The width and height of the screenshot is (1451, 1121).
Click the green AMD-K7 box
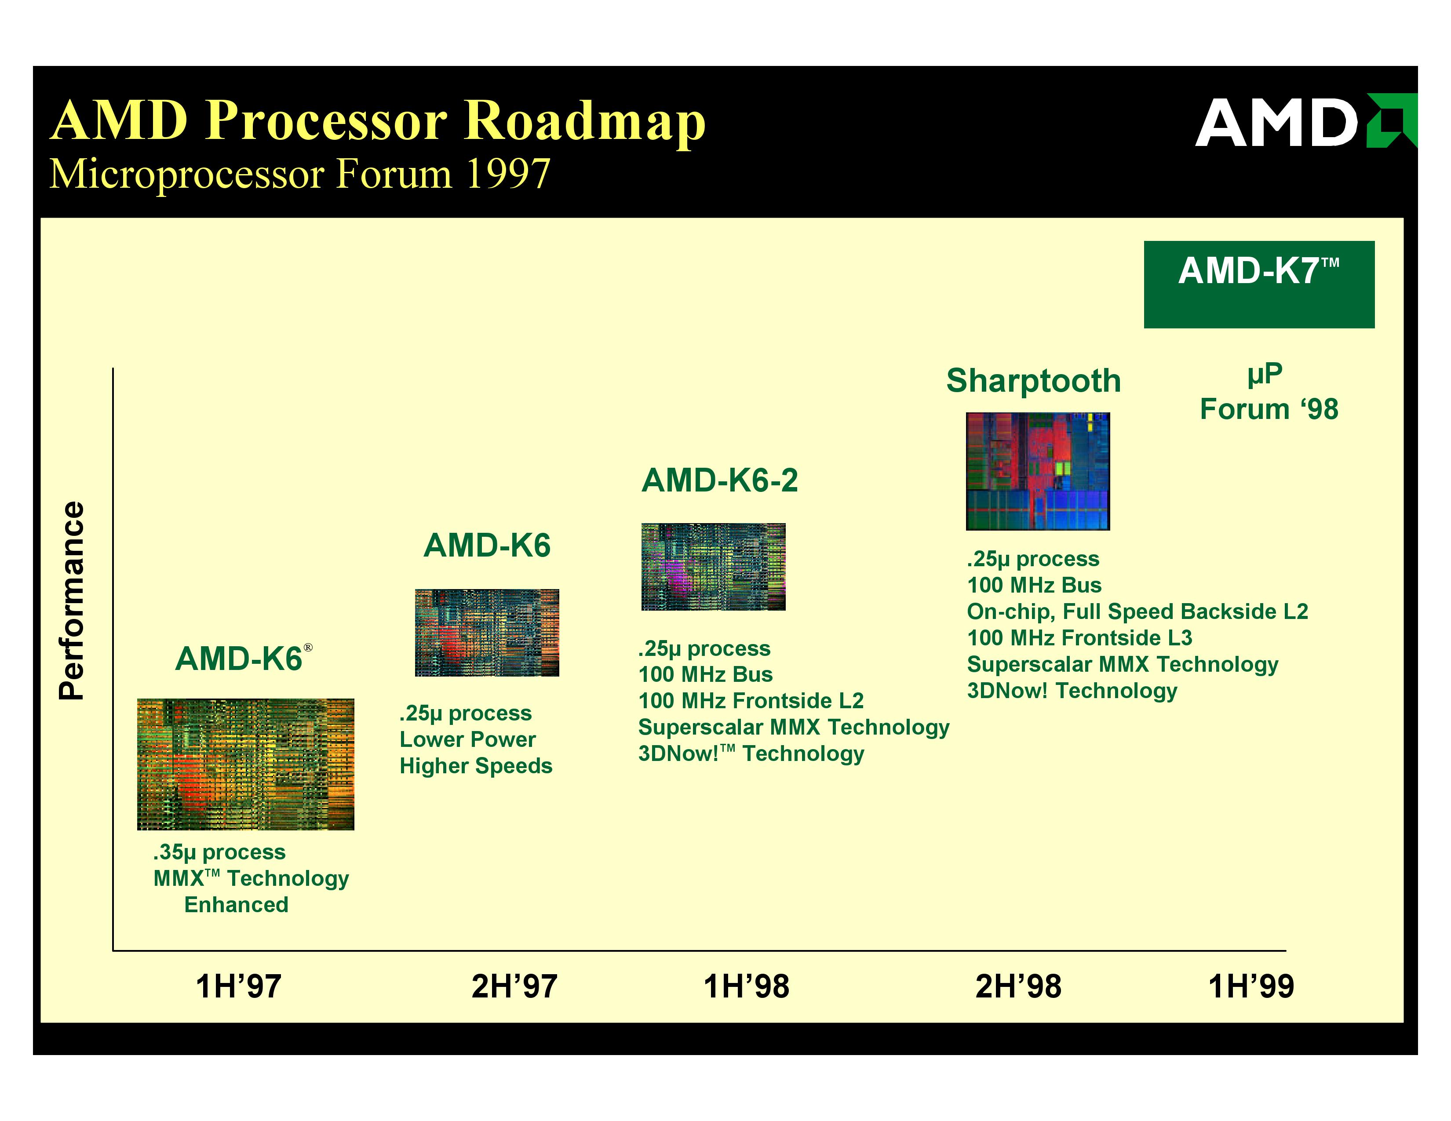tap(1259, 284)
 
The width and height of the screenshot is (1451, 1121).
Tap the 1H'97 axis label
tap(238, 986)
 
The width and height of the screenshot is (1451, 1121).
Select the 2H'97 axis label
tap(514, 986)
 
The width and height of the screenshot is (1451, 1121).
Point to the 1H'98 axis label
tap(746, 986)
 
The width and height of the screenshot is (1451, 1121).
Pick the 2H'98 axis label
tap(1018, 986)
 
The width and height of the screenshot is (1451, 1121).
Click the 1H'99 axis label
tap(1251, 986)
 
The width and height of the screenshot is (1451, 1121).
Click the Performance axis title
tap(72, 601)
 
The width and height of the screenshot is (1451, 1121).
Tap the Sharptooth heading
tap(1034, 381)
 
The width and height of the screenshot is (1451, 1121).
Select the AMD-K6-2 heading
tap(719, 480)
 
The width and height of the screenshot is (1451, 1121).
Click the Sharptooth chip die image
tap(1038, 472)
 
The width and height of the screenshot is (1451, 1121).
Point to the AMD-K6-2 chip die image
tap(713, 567)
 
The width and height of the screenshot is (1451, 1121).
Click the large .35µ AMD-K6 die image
tap(245, 764)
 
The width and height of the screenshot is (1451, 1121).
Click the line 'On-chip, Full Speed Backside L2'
tap(1137, 611)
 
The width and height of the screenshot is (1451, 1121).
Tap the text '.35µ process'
tap(219, 852)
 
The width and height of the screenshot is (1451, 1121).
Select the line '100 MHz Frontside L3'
tap(1079, 638)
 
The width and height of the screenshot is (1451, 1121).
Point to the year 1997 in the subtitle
tap(508, 174)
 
